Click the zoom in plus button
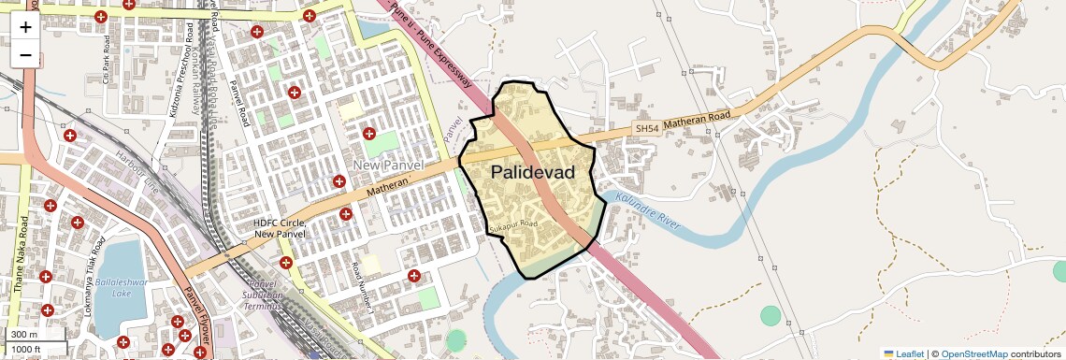pos(25,26)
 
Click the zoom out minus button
pos(25,54)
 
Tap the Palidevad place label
pos(532,172)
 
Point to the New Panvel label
pos(389,166)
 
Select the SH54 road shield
pos(646,127)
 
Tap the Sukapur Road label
pos(513,226)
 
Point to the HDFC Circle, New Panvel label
pos(281,227)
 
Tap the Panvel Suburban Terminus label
pos(265,295)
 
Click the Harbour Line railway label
pos(140,167)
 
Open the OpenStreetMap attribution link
pos(973,353)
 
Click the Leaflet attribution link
pos(903,353)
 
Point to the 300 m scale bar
pos(25,335)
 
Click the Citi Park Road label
pos(108,60)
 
